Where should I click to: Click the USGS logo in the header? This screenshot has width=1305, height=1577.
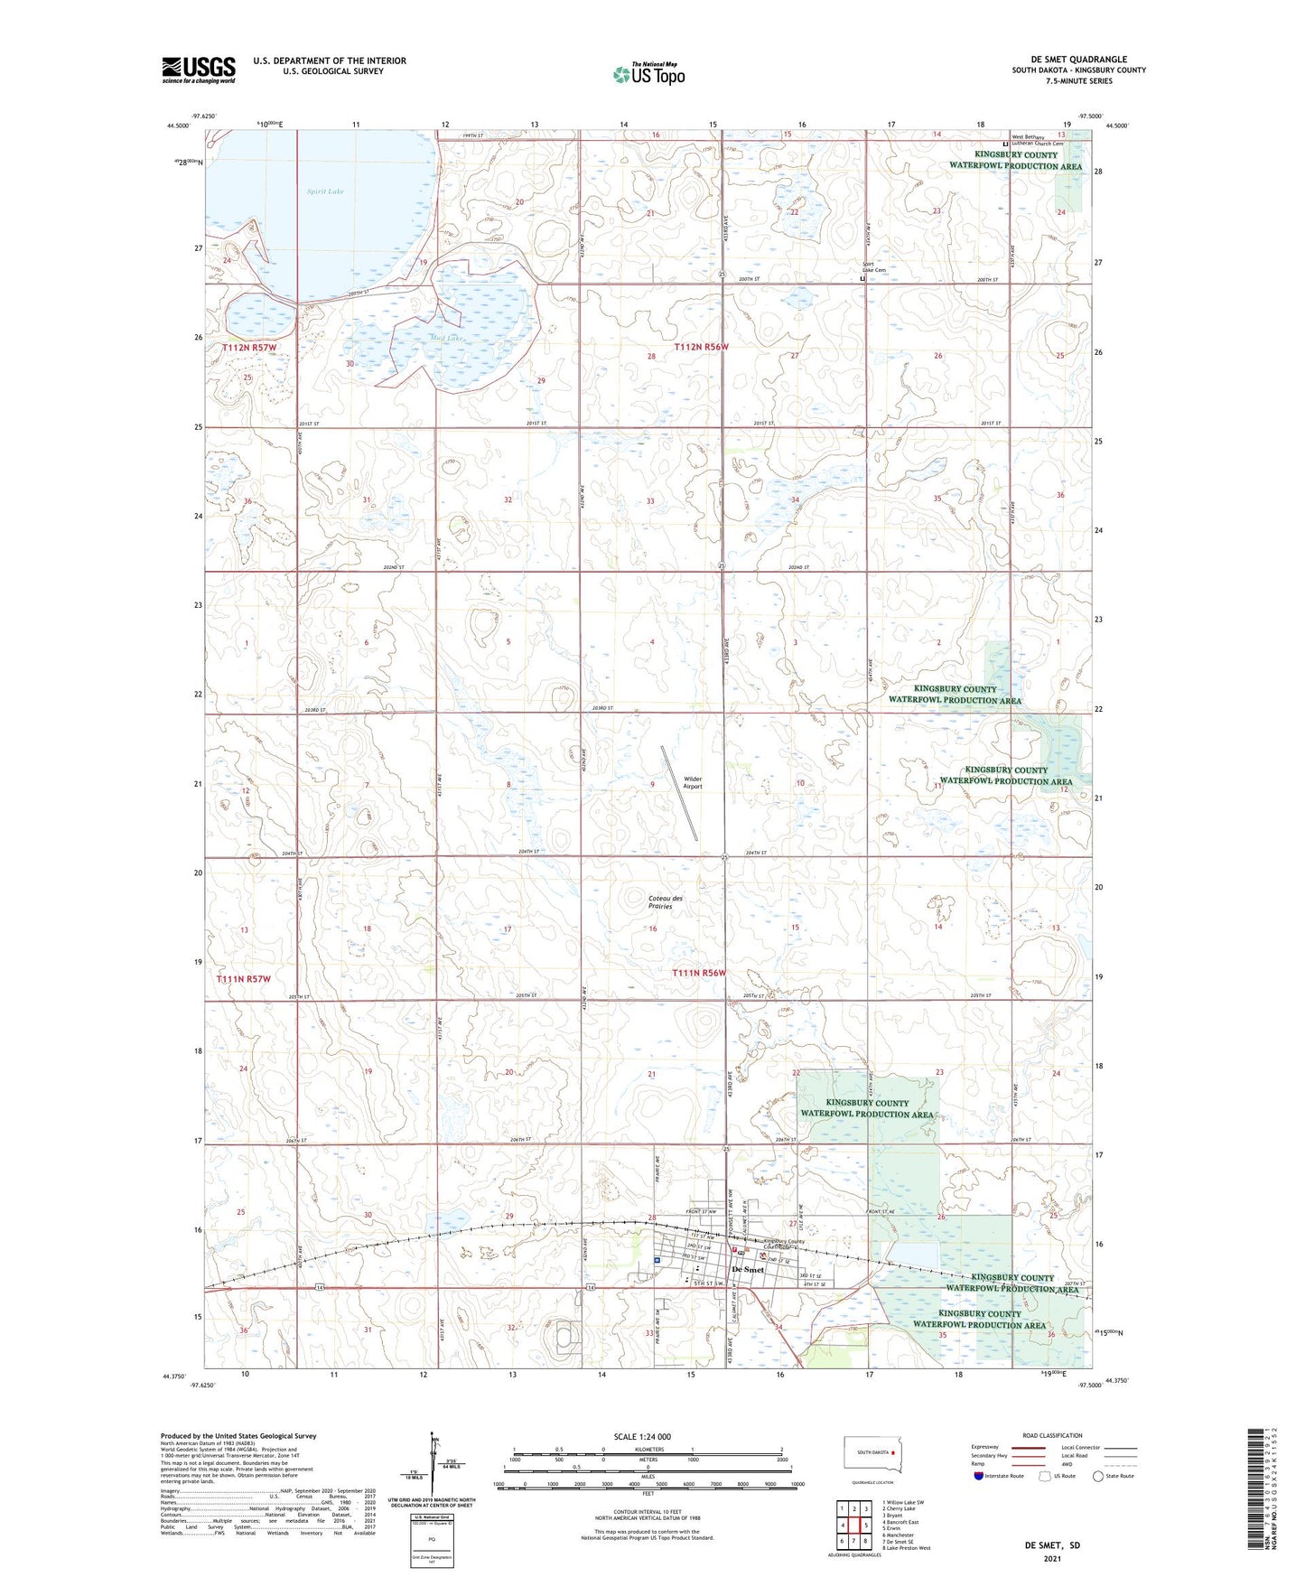point(199,70)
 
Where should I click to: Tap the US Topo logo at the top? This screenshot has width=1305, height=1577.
point(648,74)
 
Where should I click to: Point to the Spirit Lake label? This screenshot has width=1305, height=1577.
point(324,191)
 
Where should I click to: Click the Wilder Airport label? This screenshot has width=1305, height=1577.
point(693,782)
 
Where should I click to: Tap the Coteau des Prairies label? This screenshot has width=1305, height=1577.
point(666,901)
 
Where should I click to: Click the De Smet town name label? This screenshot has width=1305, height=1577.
point(748,1269)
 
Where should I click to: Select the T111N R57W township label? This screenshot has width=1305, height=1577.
point(244,979)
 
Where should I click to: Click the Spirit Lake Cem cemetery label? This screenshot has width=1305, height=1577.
point(873,267)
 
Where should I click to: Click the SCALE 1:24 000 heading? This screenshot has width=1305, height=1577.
point(642,1436)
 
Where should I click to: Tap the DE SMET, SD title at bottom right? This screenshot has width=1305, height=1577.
point(1052,1545)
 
